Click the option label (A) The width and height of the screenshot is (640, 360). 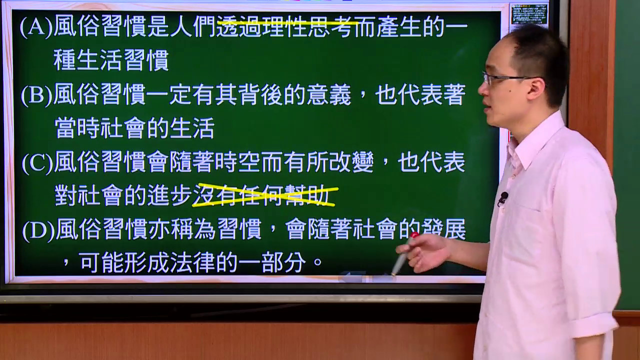point(36,26)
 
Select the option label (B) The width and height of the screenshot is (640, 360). point(37,94)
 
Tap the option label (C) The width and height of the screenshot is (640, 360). point(37,162)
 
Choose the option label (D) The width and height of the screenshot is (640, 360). point(38,230)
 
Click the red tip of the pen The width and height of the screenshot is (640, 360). point(414,235)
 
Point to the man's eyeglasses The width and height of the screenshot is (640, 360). point(505,78)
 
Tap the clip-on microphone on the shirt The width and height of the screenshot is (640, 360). point(503,198)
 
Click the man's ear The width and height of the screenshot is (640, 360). point(536,89)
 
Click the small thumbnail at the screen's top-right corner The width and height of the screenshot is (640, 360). point(529,13)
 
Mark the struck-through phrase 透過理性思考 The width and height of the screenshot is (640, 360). point(285,26)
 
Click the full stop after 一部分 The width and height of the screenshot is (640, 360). point(317,261)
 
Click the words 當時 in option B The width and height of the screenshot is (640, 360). point(76,128)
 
